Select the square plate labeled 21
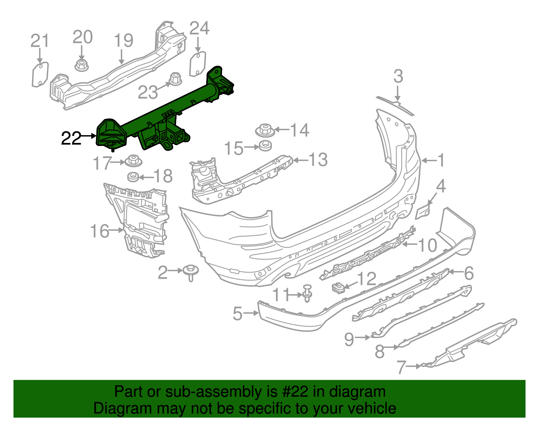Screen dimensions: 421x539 pos(40,74)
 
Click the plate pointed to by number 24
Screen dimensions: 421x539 pos(197,64)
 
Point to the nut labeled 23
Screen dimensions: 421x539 pos(175,79)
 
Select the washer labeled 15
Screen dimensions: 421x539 pos(265,147)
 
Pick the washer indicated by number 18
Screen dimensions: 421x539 pos(133,176)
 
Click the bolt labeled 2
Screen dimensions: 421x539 pos(191,271)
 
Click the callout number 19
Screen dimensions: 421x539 pos(124,40)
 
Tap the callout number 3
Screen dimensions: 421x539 pos(398,77)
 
